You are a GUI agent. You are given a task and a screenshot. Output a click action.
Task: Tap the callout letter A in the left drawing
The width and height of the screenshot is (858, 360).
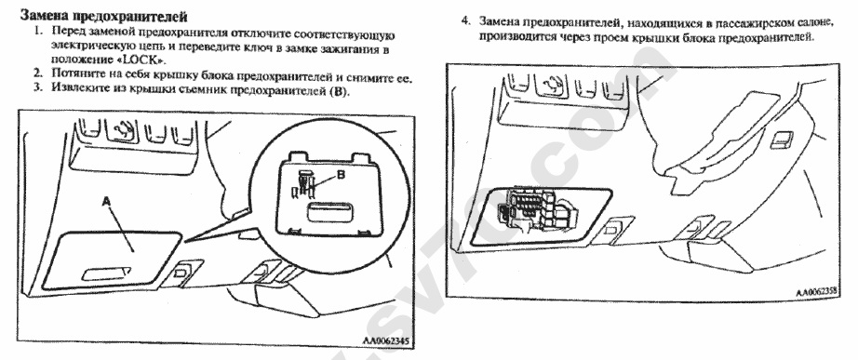pyautogui.click(x=108, y=202)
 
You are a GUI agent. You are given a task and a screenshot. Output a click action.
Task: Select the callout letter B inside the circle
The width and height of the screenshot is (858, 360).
pyautogui.click(x=342, y=175)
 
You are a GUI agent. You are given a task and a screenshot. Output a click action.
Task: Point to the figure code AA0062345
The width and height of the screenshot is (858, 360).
pyautogui.click(x=385, y=340)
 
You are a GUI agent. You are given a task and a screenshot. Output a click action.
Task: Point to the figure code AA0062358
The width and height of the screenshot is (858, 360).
pyautogui.click(x=817, y=292)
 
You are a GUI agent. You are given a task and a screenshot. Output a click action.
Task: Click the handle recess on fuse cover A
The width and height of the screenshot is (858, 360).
pyautogui.click(x=106, y=272)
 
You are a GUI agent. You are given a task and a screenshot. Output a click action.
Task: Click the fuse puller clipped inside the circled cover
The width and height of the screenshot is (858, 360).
pyautogui.click(x=302, y=184)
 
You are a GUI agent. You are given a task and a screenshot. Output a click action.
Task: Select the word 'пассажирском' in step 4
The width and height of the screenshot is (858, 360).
pyautogui.click(x=739, y=23)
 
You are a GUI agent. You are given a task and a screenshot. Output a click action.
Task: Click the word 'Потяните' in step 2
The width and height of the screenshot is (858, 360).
pyautogui.click(x=78, y=73)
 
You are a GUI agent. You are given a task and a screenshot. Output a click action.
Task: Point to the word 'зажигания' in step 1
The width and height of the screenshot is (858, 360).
pyautogui.click(x=347, y=48)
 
